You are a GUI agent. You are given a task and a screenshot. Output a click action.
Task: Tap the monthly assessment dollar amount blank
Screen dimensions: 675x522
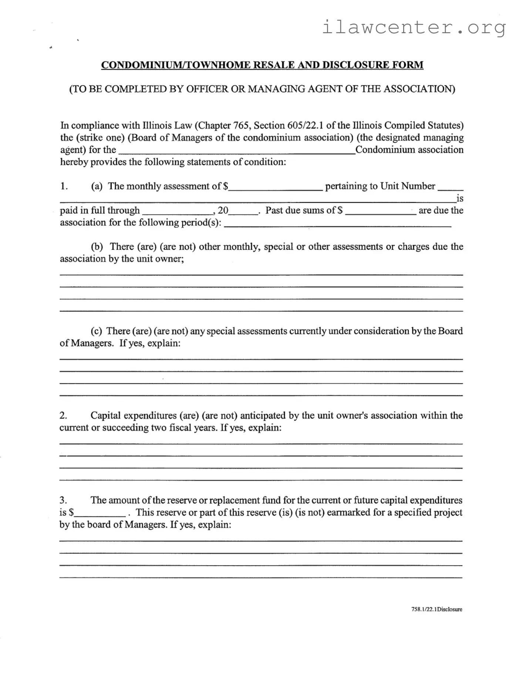pyautogui.click(x=276, y=187)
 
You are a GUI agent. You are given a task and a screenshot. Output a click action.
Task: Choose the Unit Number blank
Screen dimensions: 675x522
pyautogui.click(x=450, y=187)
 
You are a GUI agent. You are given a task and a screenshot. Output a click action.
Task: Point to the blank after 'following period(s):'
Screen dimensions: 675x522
pyautogui.click(x=337, y=224)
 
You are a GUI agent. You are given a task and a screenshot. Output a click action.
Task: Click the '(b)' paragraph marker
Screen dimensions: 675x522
pyautogui.click(x=97, y=247)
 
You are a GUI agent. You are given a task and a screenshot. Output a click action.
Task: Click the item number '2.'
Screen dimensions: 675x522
pyautogui.click(x=63, y=416)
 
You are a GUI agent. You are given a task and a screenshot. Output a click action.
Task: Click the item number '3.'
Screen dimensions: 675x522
pyautogui.click(x=63, y=501)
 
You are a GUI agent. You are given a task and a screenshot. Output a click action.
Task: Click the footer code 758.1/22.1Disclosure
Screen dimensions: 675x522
pyautogui.click(x=437, y=609)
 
